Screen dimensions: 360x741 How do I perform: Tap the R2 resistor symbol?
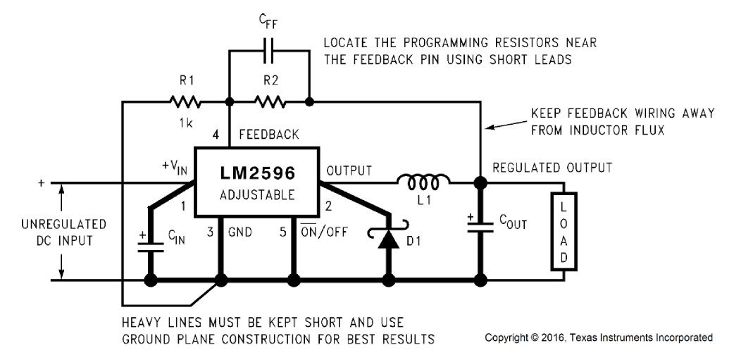click(x=269, y=103)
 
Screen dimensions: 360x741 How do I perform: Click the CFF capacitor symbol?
click(x=269, y=52)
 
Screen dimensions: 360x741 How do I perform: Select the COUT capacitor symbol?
click(x=480, y=228)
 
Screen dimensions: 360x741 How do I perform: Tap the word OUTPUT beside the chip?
click(x=349, y=168)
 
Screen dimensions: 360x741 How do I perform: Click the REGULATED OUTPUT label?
click(x=552, y=168)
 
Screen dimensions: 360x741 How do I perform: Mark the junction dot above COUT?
click(x=480, y=183)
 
